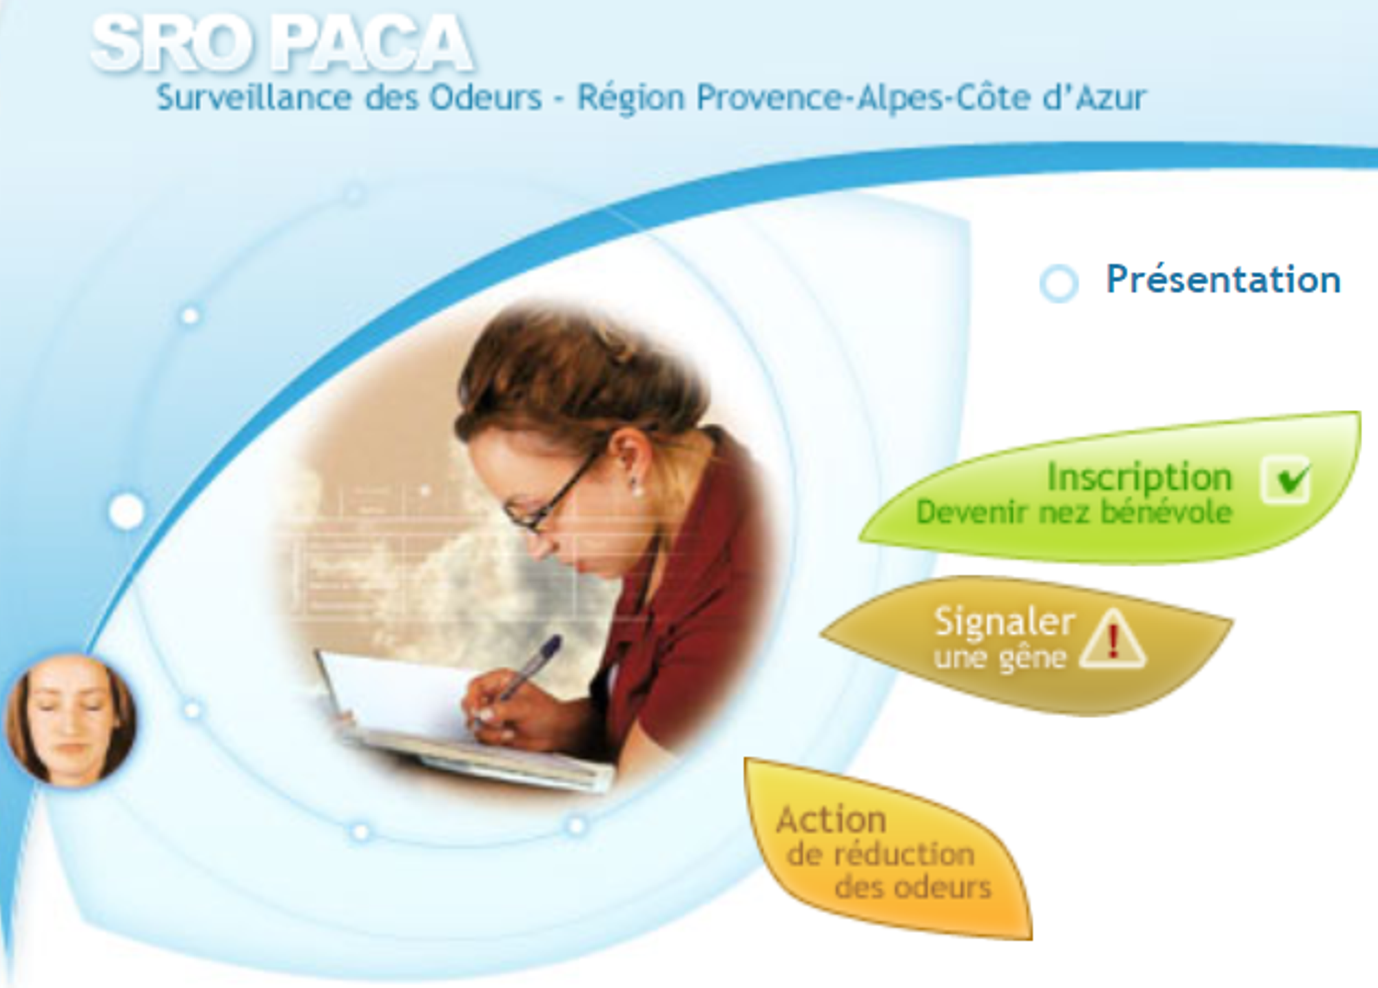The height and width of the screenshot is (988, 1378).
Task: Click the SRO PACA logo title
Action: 282,44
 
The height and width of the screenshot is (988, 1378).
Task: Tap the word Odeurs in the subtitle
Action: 486,97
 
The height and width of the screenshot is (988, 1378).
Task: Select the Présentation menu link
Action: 1223,280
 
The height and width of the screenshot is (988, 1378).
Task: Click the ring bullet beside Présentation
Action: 1059,283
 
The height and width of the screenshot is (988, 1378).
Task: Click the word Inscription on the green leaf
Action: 1140,477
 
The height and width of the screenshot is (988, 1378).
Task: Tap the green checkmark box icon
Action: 1286,480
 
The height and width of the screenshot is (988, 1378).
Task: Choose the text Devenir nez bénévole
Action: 1074,513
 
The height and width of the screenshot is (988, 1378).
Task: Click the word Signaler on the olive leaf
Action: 1005,621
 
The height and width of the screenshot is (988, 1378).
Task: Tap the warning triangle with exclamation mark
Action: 1113,639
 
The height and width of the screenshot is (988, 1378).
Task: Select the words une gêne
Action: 1000,658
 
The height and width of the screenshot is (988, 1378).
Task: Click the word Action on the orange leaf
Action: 831,820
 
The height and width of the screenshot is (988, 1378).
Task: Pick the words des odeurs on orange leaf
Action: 913,887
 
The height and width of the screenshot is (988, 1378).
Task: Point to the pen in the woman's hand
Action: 527,672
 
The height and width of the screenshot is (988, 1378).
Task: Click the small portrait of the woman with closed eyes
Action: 71,720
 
